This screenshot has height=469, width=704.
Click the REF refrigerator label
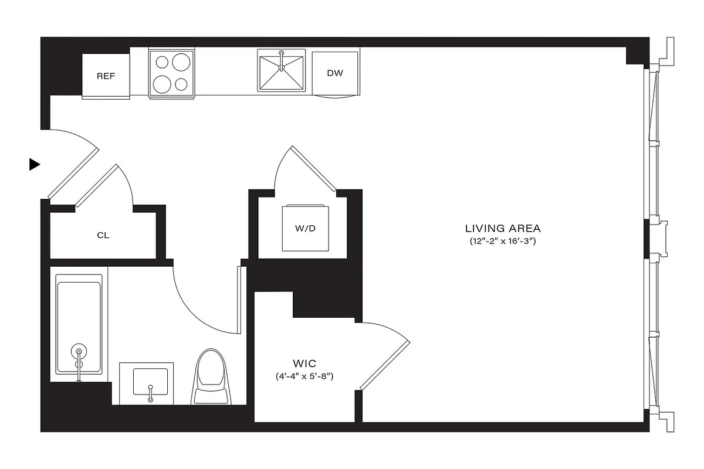(x=106, y=76)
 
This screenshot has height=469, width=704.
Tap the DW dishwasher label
(x=335, y=73)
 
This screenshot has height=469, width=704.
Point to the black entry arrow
(x=35, y=165)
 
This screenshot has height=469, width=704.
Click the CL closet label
(x=103, y=236)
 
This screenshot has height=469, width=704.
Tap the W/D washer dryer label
(x=305, y=228)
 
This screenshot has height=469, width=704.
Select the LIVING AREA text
(x=503, y=229)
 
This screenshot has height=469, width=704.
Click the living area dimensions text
(x=503, y=241)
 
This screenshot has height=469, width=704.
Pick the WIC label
(x=304, y=363)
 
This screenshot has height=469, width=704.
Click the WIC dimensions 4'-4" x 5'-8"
(x=304, y=376)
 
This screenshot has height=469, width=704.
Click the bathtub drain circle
(x=78, y=352)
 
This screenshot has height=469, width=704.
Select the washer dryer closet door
(x=313, y=169)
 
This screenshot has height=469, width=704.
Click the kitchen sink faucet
(x=282, y=59)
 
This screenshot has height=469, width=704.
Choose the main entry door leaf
(x=73, y=173)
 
